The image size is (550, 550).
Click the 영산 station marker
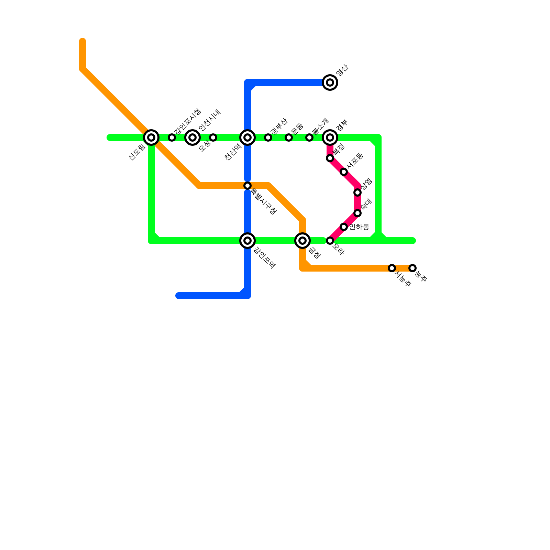click(x=330, y=82)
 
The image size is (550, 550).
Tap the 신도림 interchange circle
click(x=151, y=137)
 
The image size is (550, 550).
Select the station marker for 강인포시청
click(x=172, y=137)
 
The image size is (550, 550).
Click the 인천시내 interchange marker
click(x=192, y=137)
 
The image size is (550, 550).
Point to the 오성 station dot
click(x=213, y=137)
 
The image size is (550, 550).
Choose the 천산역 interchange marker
click(x=247, y=137)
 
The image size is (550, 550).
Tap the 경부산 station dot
click(x=268, y=137)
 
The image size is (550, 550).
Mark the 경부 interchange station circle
click(x=330, y=137)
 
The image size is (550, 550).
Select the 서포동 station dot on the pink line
click(x=344, y=172)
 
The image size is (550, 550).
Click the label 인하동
click(x=359, y=227)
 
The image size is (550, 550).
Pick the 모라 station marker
click(x=330, y=241)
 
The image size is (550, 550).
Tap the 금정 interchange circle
click(x=302, y=241)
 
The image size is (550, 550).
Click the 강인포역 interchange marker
click(x=247, y=241)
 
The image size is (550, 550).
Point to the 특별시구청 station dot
click(x=247, y=186)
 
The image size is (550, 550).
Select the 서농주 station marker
click(x=392, y=268)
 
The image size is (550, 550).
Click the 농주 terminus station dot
click(x=412, y=268)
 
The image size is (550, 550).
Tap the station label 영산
click(x=342, y=70)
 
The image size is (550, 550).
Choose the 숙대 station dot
click(x=357, y=213)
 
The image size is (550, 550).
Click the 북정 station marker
click(x=330, y=158)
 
